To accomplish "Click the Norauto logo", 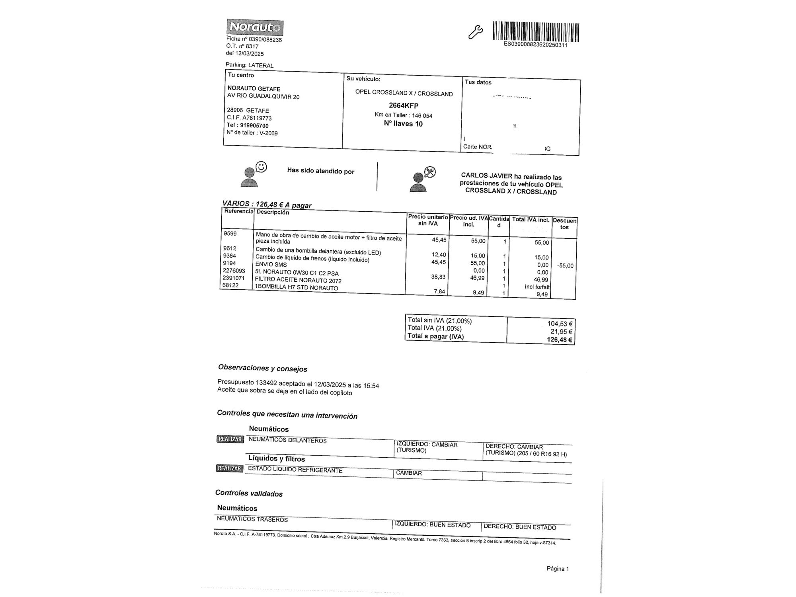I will (x=255, y=27).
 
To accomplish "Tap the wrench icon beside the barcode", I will (x=475, y=32).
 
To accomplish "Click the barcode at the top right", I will (x=536, y=32).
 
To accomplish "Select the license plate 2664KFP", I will (x=404, y=105).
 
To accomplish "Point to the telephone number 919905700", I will (x=254, y=125).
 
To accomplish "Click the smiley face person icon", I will (x=253, y=174).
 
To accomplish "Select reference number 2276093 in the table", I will (x=234, y=271).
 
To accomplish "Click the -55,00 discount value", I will (x=565, y=265).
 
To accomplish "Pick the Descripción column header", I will (x=273, y=212).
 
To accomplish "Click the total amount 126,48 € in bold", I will (x=559, y=339).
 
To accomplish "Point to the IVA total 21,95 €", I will (x=561, y=332).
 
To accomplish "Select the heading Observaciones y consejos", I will (x=263, y=369).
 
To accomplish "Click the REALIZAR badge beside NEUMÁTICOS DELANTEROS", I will (x=230, y=439).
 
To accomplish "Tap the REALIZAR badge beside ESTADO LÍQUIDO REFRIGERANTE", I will (x=230, y=468).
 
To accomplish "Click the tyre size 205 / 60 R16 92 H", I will (x=543, y=454).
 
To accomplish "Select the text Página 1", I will (x=558, y=569).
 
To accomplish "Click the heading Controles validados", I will (x=249, y=494).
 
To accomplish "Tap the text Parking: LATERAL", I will (x=250, y=65).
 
